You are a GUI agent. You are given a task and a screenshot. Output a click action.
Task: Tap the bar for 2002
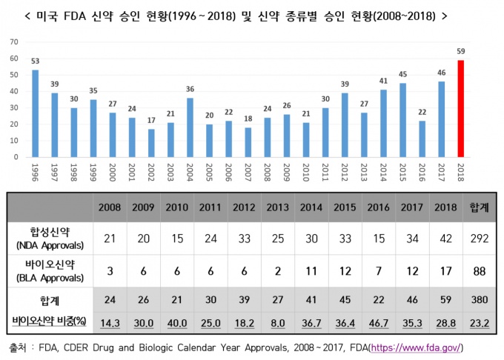pos(150,143)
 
